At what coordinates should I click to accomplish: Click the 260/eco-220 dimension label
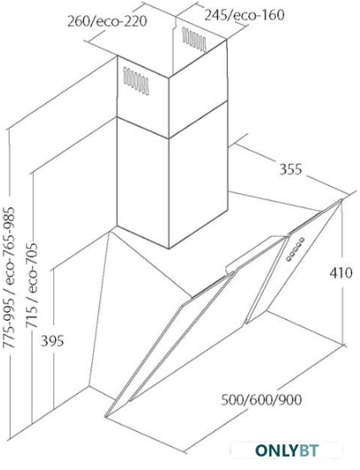point(107,21)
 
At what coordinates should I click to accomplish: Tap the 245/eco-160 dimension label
point(244,15)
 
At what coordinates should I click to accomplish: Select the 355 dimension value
point(291,169)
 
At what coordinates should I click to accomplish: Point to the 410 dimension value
point(341,273)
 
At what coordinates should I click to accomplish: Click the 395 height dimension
point(52,341)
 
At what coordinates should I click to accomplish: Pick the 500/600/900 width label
point(261,400)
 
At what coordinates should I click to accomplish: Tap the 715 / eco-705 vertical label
point(32,285)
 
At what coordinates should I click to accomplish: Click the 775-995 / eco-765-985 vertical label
point(9,277)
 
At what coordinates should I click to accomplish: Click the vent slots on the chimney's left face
point(136,81)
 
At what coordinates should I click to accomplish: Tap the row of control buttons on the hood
point(295,248)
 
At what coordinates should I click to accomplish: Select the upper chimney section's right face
point(198,89)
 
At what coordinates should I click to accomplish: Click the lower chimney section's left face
point(143,183)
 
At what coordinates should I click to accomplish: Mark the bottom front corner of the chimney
point(168,248)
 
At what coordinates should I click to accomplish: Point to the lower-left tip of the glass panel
point(106,416)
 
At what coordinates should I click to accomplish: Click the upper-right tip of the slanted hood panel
point(341,200)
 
